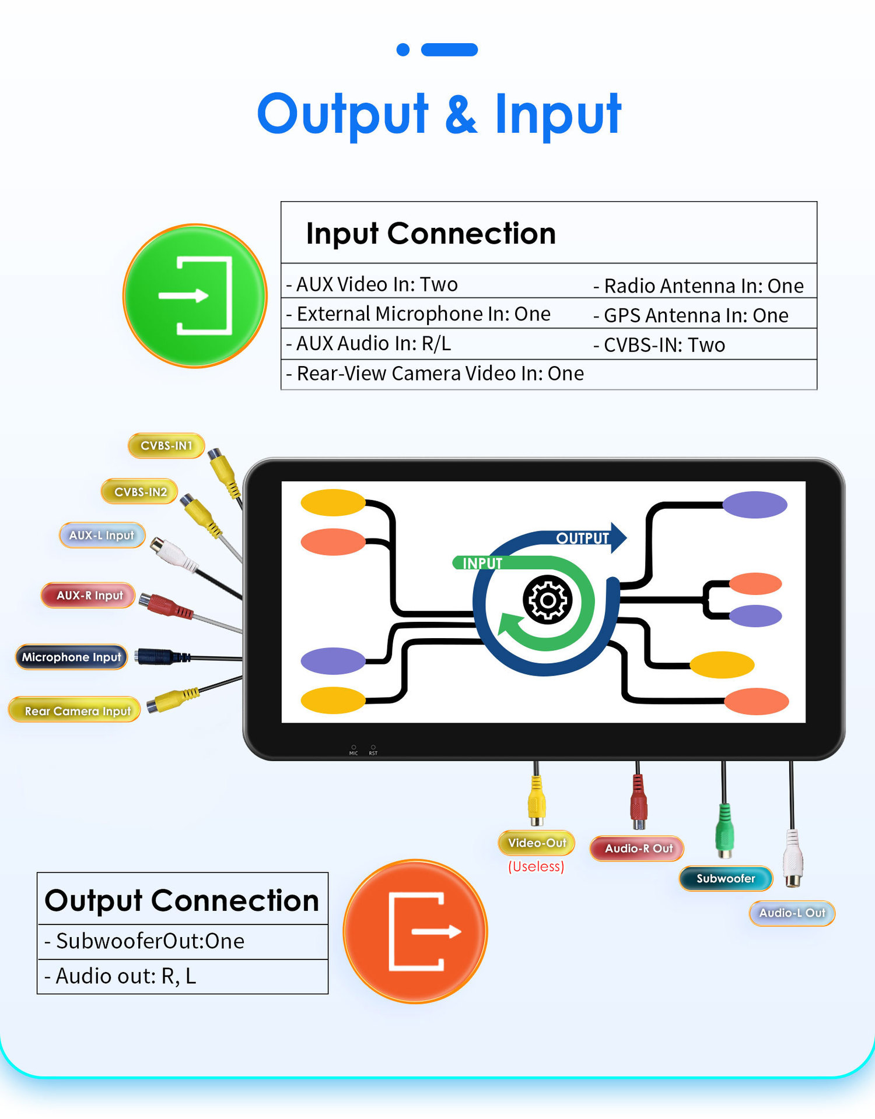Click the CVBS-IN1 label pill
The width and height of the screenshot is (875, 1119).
(x=166, y=446)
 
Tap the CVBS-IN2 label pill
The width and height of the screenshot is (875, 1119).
(x=140, y=492)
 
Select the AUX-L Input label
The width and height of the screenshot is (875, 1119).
(x=102, y=535)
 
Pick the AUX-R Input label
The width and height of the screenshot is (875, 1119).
(x=89, y=596)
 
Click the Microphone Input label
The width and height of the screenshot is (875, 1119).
(x=71, y=657)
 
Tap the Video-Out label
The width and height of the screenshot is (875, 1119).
(x=537, y=843)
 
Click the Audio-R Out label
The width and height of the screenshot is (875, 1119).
(x=637, y=849)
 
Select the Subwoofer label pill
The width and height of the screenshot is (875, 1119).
(x=726, y=878)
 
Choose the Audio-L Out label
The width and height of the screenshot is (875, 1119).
(x=792, y=913)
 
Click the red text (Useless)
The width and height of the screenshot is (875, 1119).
(x=536, y=867)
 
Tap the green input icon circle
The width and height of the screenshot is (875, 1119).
(x=195, y=296)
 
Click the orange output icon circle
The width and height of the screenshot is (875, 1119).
(x=415, y=931)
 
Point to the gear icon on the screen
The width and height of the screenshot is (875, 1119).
(x=547, y=600)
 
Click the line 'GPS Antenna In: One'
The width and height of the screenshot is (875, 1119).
(x=691, y=315)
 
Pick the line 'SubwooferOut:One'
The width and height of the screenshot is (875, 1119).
(x=145, y=941)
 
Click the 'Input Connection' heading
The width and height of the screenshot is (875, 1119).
(x=431, y=234)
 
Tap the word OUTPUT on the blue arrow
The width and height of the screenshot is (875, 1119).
(x=582, y=539)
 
